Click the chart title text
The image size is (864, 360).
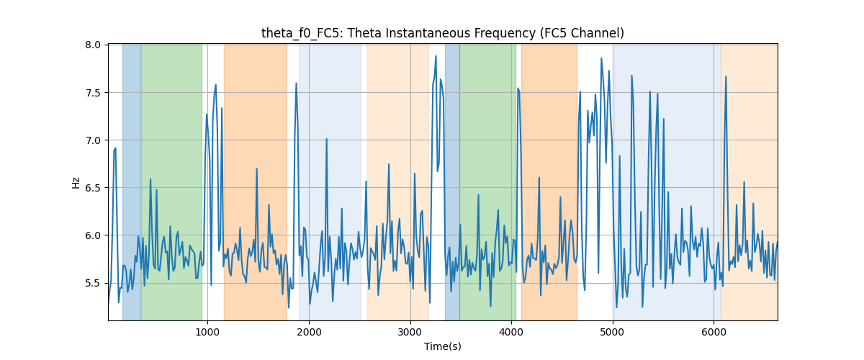[442, 33]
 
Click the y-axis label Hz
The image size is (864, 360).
[76, 183]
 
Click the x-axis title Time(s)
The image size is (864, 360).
[442, 346]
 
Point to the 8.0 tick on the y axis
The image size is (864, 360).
[93, 45]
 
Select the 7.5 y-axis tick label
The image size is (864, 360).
[93, 93]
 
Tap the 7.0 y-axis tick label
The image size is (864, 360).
[93, 140]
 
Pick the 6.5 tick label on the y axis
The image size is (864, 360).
[93, 188]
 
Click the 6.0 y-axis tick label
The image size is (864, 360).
[93, 235]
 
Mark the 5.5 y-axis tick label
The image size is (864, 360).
[93, 283]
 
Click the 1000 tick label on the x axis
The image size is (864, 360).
[207, 333]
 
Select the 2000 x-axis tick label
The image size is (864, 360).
[309, 333]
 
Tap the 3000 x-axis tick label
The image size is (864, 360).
[410, 333]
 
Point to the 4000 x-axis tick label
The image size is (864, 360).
[511, 333]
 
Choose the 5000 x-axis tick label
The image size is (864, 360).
[613, 333]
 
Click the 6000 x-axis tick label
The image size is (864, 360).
[714, 333]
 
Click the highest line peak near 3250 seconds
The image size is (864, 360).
[436, 56]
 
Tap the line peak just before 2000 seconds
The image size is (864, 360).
[296, 83]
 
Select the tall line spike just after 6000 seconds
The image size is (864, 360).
[726, 76]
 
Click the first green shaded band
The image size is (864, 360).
[171, 182]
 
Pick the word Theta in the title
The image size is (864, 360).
[368, 33]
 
